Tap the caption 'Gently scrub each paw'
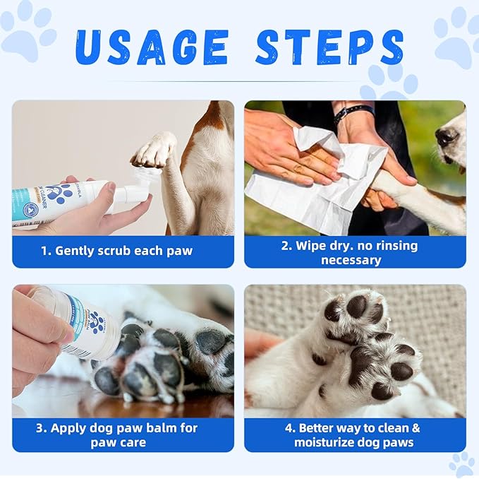[123, 251]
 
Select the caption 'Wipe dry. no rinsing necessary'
[355, 252]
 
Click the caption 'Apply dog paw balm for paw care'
[123, 435]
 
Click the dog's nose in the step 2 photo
[446, 136]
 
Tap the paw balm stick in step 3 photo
[78, 321]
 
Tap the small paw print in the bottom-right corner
[462, 464]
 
